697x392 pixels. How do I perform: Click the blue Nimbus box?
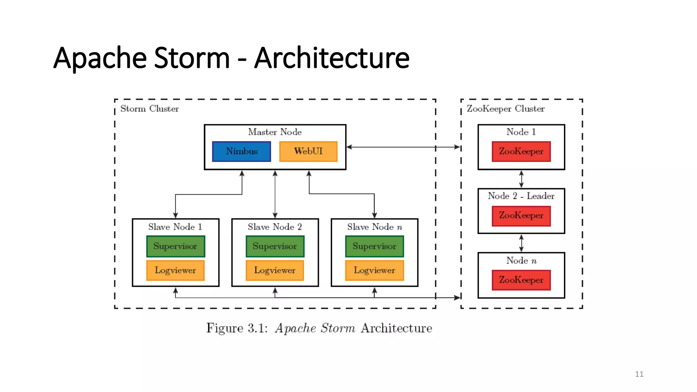point(241,151)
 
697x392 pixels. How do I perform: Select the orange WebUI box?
point(308,151)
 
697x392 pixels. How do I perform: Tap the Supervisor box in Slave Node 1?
point(175,246)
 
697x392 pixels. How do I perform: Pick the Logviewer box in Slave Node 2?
point(275,271)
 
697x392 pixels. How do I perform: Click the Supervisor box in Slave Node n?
point(374,246)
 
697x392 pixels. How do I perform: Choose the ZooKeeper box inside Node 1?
point(521,151)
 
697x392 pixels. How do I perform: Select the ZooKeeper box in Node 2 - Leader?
point(521,216)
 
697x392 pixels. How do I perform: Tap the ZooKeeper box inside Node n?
point(521,280)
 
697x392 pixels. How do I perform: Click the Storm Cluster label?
point(149,109)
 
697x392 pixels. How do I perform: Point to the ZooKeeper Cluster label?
point(505,109)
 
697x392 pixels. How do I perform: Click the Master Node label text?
point(275,132)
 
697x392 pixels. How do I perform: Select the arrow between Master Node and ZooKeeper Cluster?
point(403,147)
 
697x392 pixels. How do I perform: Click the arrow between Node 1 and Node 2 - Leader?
point(521,179)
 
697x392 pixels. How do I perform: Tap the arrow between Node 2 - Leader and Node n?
point(521,243)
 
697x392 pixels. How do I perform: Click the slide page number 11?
point(639,374)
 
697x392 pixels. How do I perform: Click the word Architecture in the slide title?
point(332,58)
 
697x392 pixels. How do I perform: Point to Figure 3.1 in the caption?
point(237,328)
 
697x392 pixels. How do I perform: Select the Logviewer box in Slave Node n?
point(374,271)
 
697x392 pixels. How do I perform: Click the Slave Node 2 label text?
point(275,227)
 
